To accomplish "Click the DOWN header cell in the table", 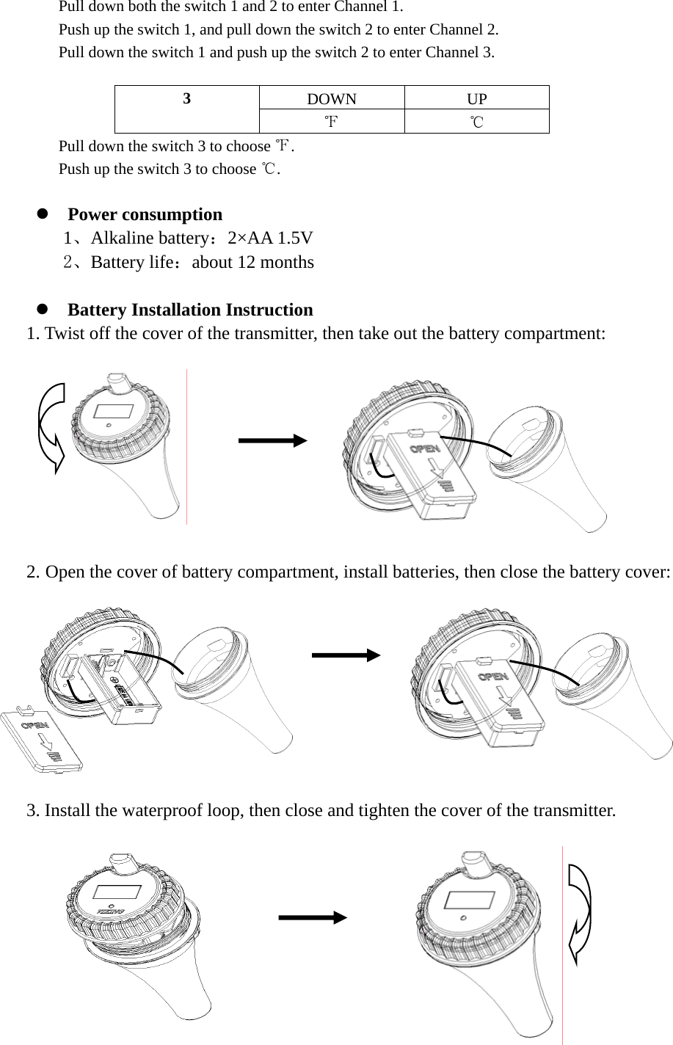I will pos(332,99).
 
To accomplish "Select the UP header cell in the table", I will pos(477,99).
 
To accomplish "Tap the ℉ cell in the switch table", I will pos(332,121).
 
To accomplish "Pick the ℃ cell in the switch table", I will pos(477,121).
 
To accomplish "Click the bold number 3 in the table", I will pos(187,99).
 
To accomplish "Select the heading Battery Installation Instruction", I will pos(190,310).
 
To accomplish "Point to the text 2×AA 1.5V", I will pos(270,238).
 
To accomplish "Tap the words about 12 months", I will pos(252,262).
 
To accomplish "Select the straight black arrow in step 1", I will pos(272,440).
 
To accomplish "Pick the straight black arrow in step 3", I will pos(313,917).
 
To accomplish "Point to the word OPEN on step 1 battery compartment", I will pos(425,448).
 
